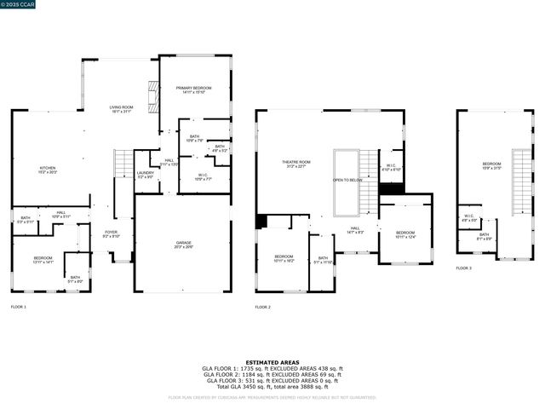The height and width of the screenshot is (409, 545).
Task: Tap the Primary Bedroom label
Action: (x=194, y=89)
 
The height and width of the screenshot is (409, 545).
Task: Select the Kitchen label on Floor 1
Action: (x=47, y=170)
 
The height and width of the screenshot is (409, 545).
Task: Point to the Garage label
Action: (x=183, y=244)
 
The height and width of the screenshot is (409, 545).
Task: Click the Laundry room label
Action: (x=146, y=175)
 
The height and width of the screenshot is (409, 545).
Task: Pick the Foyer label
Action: (x=112, y=233)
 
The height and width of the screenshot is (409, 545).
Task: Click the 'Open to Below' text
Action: (x=347, y=180)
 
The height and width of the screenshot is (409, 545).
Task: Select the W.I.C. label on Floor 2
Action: (x=390, y=167)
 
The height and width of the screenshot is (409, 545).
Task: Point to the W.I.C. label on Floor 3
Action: (x=468, y=217)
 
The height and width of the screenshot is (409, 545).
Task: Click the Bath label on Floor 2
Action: (x=323, y=259)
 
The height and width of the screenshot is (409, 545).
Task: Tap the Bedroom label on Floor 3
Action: (x=491, y=165)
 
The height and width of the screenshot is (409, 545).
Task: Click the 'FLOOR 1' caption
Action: (x=19, y=307)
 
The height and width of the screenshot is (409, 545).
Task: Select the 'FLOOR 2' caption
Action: (x=263, y=307)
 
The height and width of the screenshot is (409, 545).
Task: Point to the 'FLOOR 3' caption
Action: (x=463, y=268)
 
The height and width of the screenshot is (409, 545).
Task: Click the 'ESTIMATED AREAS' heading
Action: (x=272, y=362)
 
